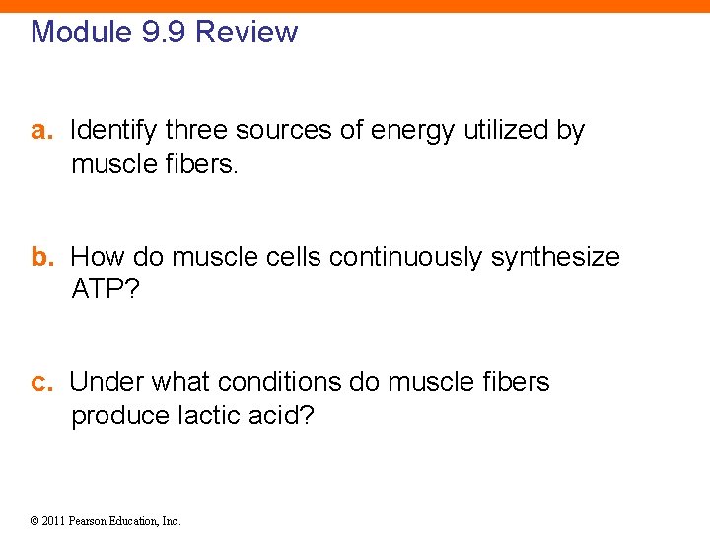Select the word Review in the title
247,32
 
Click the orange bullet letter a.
40,131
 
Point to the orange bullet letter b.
40,258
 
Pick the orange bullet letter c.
40,382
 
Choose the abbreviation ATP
97,290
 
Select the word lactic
205,416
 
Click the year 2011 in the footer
53,520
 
